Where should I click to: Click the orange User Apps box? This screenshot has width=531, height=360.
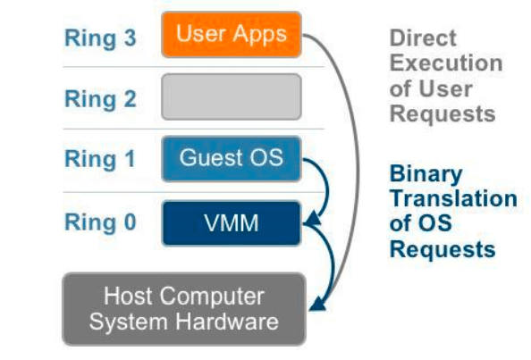232,35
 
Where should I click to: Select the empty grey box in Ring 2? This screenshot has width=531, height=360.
232,96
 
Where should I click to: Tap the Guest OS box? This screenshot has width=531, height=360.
232,159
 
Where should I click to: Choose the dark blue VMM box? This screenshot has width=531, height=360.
232,223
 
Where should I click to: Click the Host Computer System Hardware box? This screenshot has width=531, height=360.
184,308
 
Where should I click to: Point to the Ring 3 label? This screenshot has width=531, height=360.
100,38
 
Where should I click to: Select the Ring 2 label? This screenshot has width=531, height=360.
100,99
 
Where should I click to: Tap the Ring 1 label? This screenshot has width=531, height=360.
100,159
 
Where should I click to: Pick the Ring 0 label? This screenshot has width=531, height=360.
100,222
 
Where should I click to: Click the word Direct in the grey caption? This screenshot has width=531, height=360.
423,38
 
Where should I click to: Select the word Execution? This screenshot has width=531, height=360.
446,63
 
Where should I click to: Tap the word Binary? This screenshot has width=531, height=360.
426,174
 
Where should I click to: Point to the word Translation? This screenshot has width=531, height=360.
453,198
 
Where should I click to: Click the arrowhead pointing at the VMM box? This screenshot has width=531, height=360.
313,219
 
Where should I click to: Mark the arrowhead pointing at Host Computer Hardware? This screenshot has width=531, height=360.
317,304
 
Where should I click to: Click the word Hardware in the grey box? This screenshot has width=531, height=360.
227,322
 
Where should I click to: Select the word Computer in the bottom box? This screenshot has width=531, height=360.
212,297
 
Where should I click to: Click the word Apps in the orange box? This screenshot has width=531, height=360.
260,35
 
